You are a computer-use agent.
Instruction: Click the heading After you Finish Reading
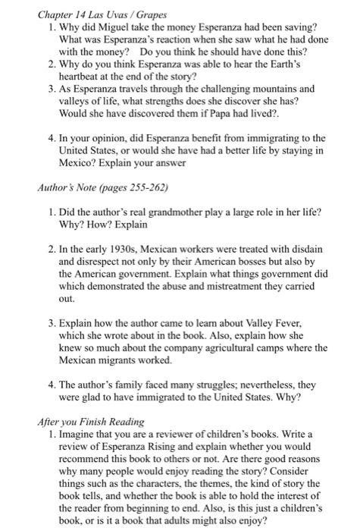pos(82,422)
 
